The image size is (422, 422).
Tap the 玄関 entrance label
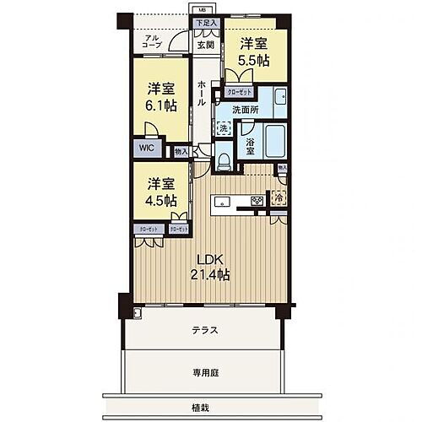coord(206,46)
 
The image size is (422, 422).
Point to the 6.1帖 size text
coord(160,105)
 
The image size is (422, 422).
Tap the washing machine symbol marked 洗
coord(223,127)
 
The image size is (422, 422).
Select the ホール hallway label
coord(202,94)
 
